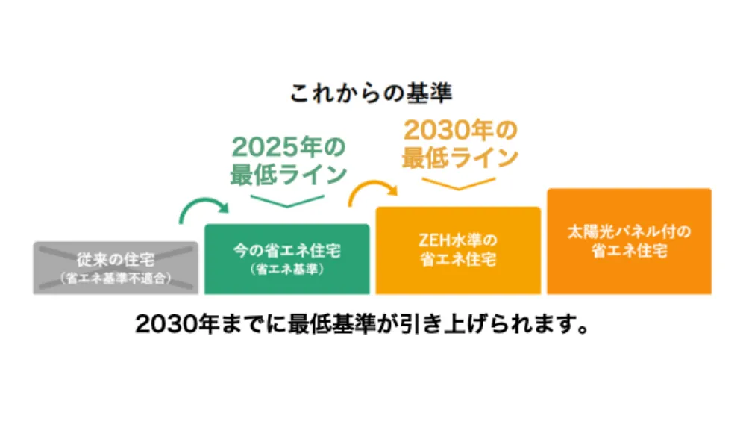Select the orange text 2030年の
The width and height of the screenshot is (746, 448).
coord(460,130)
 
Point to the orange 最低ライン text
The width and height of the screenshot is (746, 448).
coord(460,158)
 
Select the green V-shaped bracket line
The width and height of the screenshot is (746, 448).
coord(288,199)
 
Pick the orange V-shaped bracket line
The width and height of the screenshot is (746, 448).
coord(458,184)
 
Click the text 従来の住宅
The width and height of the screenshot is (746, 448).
coord(116,260)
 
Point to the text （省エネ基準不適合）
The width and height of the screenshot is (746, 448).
coord(116,278)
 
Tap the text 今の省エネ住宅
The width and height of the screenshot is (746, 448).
coord(287,248)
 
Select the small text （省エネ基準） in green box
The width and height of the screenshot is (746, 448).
coord(287,268)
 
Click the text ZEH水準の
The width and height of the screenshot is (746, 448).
coord(458,241)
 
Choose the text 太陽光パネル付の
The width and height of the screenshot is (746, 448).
coord(629,231)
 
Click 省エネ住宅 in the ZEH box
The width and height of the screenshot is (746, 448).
coord(458,260)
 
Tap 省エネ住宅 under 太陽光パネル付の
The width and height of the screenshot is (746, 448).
coord(629,251)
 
